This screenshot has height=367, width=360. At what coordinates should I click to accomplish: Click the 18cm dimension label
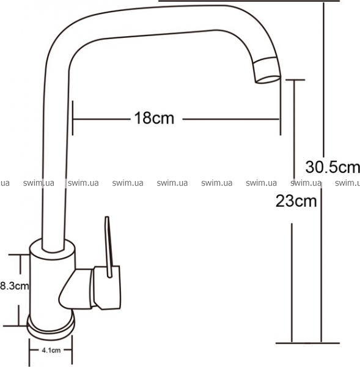154,118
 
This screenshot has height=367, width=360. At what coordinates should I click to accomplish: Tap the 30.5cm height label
332,167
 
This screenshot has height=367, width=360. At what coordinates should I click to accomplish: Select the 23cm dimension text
296,201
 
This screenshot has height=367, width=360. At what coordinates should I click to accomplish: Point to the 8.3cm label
15,286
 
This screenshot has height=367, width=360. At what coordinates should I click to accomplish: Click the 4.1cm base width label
51,350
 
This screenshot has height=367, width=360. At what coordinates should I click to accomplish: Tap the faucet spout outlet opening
268,79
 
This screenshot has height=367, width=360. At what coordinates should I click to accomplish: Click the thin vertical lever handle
109,247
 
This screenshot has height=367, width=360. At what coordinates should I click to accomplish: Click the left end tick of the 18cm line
73,118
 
